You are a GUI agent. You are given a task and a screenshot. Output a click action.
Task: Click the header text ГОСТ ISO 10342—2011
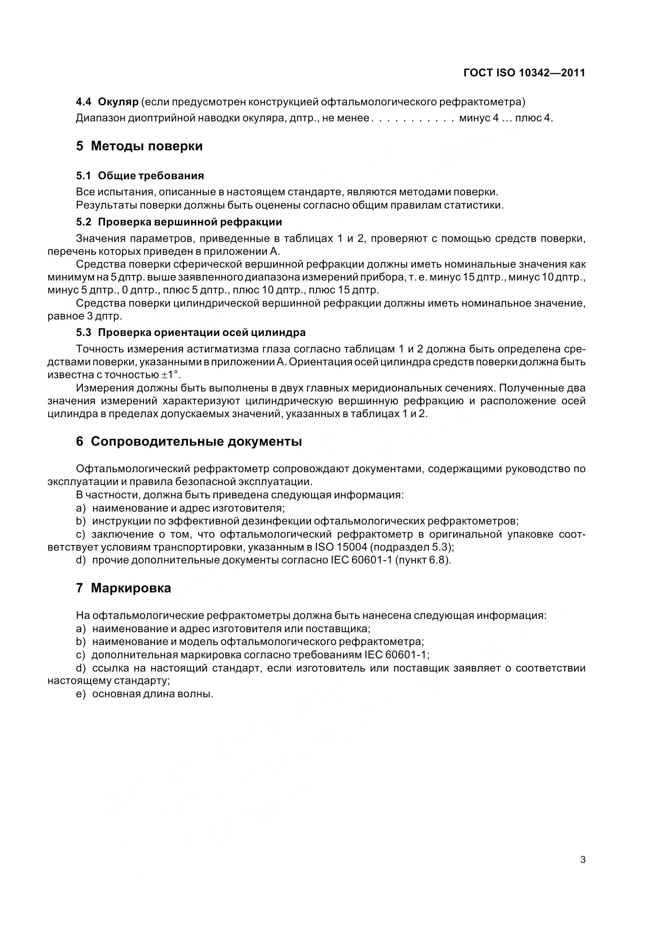(x=524, y=73)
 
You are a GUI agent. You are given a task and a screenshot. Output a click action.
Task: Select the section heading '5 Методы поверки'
(x=139, y=146)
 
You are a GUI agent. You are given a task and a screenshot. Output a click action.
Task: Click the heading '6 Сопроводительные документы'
(x=189, y=441)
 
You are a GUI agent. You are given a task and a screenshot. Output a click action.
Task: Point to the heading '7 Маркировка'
(x=124, y=588)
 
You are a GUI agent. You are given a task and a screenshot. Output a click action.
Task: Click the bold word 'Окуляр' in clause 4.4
(x=118, y=102)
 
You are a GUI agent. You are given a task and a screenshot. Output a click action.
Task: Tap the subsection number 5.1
(x=83, y=176)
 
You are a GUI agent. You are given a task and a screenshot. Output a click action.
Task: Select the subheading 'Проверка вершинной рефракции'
(x=190, y=222)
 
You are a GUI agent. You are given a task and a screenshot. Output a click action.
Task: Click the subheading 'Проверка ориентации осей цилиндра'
(x=202, y=332)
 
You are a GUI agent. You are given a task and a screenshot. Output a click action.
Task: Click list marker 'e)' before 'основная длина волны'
(x=81, y=694)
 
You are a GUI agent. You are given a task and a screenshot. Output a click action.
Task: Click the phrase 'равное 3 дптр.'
(x=85, y=316)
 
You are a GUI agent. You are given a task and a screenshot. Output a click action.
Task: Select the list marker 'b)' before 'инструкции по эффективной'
(x=81, y=521)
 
